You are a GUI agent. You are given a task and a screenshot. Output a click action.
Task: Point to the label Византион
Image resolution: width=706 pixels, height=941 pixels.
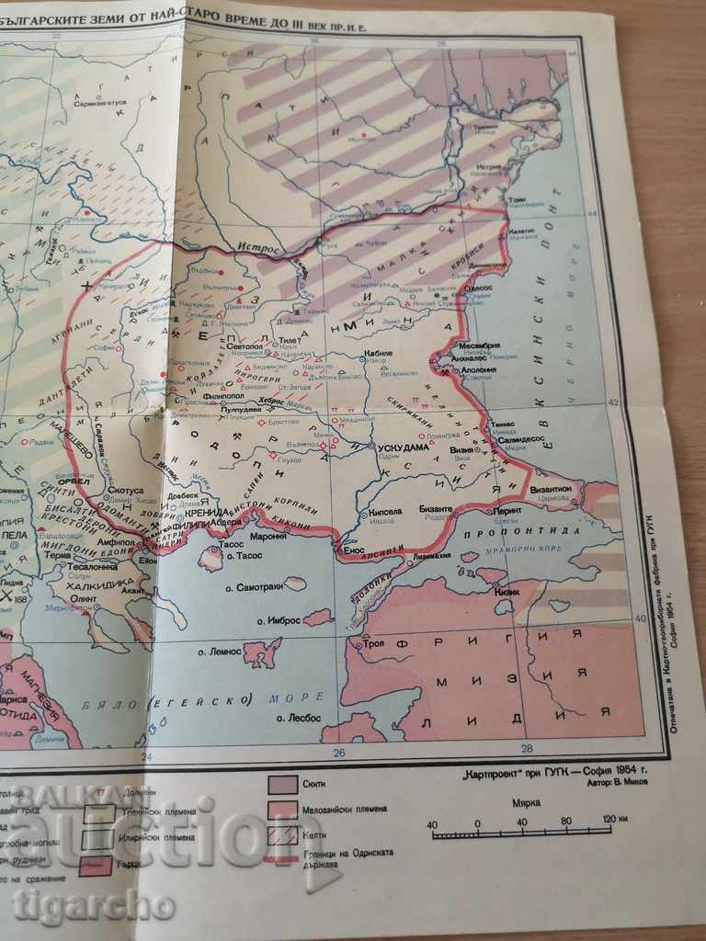pos(552,490)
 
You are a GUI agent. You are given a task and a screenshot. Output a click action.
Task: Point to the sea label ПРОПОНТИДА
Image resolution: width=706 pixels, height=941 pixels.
pos(521,531)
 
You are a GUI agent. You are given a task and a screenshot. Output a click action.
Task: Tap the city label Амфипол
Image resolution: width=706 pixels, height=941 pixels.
pos(106,543)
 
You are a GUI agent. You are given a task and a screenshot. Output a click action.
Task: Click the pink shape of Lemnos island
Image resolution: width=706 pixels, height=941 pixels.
pos(264,652)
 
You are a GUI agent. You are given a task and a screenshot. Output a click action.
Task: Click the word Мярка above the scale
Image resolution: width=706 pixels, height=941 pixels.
pos(526,802)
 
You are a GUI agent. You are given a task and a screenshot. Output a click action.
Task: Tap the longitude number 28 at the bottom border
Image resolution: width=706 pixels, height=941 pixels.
pos(527,747)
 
